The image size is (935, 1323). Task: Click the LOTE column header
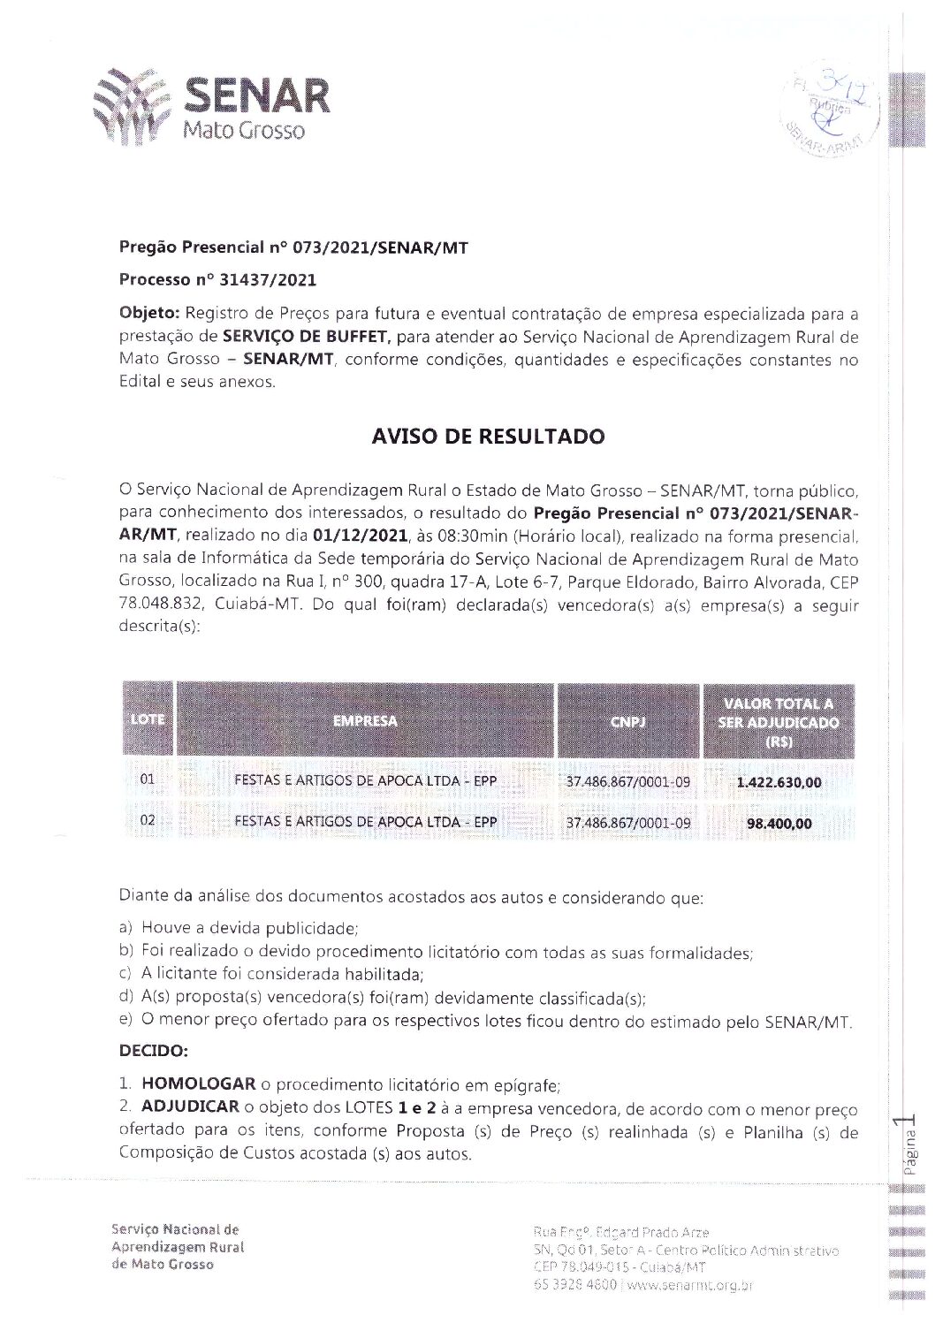pyautogui.click(x=147, y=719)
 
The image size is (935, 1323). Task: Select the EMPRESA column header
pyautogui.click(x=365, y=720)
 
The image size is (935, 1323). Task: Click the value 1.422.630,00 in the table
pyautogui.click(x=779, y=782)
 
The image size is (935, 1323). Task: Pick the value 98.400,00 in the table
pyautogui.click(x=779, y=824)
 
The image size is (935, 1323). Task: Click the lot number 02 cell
pyautogui.click(x=148, y=821)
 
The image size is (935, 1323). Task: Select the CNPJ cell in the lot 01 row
pyautogui.click(x=627, y=782)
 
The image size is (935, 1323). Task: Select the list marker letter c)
pyautogui.click(x=125, y=975)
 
